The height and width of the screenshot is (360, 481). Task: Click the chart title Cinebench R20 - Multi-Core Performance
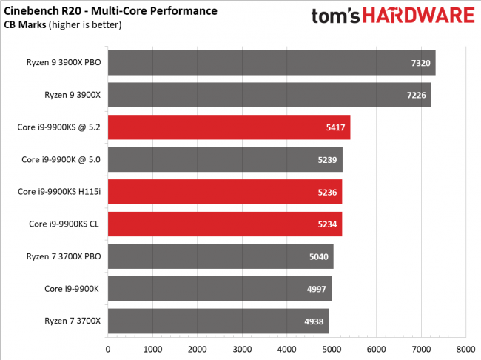pyautogui.click(x=112, y=11)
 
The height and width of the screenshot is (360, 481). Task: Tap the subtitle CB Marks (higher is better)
pyautogui.click(x=64, y=25)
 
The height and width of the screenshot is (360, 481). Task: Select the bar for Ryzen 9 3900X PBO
pyautogui.click(x=272, y=62)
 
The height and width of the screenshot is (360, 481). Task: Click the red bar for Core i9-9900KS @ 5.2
pyautogui.click(x=229, y=127)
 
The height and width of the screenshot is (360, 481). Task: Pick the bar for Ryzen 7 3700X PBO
pyautogui.click(x=221, y=256)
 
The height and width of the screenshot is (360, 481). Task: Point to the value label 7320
pyautogui.click(x=420, y=62)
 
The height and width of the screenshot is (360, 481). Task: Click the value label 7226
pyautogui.click(x=416, y=95)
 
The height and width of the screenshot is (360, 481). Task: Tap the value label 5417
pyautogui.click(x=335, y=127)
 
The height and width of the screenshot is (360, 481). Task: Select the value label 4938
pyautogui.click(x=314, y=321)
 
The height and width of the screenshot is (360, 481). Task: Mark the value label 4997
pyautogui.click(x=317, y=289)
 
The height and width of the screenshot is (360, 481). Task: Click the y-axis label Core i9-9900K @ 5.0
pyautogui.click(x=61, y=159)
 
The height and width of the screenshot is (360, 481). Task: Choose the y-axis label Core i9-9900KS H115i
pyautogui.click(x=59, y=192)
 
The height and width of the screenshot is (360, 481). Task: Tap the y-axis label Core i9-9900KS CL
pyautogui.click(x=65, y=224)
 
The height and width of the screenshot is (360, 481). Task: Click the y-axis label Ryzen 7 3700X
pyautogui.click(x=71, y=321)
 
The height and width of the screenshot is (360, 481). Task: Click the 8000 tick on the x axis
pyautogui.click(x=465, y=348)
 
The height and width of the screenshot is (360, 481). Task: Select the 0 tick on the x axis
pyautogui.click(x=108, y=348)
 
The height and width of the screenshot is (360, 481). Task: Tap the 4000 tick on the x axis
pyautogui.click(x=286, y=348)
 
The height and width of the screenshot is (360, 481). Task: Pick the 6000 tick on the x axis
pyautogui.click(x=376, y=348)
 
